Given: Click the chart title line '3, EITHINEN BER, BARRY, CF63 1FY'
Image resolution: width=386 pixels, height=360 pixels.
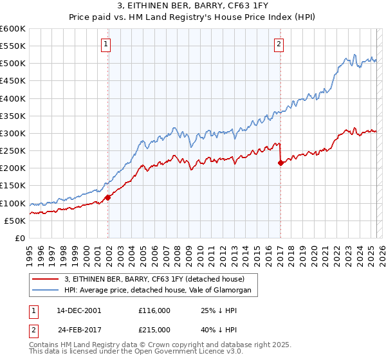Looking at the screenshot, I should point(193,6).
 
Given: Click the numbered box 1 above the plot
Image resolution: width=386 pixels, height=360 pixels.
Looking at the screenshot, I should point(106,44).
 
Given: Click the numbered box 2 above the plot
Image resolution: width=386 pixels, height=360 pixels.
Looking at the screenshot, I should point(279,44).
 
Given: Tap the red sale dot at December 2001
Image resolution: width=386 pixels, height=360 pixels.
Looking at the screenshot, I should point(108,197).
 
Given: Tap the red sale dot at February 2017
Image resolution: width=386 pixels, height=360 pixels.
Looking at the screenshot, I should point(280,163).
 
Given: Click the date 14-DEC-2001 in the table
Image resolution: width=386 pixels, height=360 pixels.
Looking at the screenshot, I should point(79,310).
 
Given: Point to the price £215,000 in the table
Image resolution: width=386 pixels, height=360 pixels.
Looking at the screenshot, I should point(154,328).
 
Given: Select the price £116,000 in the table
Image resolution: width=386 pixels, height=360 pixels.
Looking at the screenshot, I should point(154,310).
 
